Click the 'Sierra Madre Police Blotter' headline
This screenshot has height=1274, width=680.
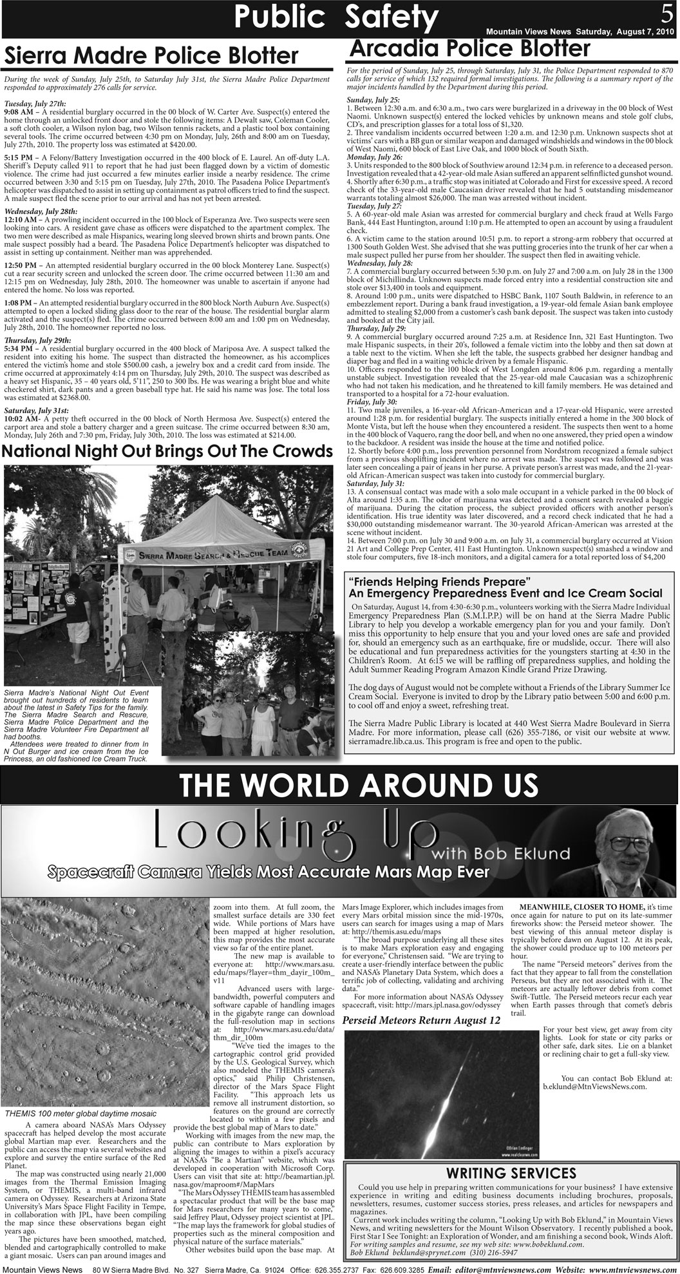tap(153, 56)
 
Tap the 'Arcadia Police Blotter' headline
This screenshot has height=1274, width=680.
tap(468, 47)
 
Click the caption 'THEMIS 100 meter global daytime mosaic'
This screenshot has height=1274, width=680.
tap(80, 1113)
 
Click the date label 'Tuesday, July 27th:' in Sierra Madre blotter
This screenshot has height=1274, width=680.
tap(34, 104)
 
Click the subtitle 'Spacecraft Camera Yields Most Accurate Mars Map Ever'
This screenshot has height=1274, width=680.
tap(268, 873)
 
